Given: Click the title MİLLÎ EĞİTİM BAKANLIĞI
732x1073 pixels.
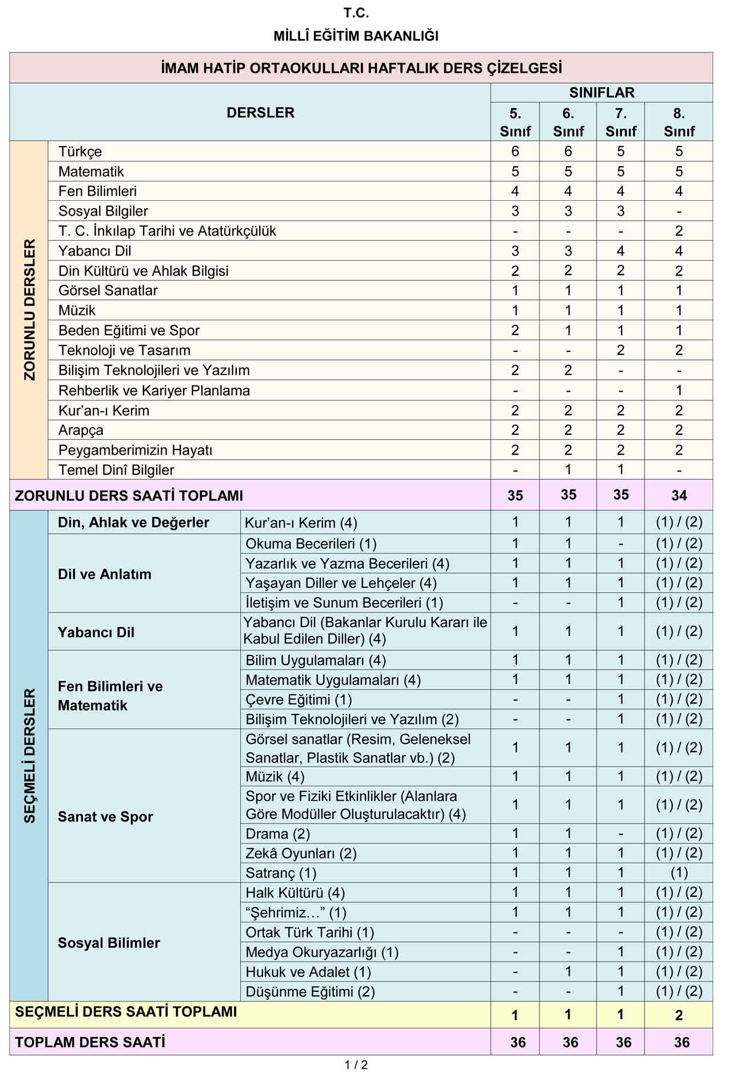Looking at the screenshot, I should coord(356,36).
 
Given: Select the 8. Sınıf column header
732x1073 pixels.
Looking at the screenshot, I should coord(679,122).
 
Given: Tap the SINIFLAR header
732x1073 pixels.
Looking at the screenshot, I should coord(602,93).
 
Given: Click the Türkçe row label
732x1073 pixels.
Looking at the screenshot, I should coord(80,152).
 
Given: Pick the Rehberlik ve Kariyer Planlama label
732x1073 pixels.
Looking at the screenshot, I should coord(154,391).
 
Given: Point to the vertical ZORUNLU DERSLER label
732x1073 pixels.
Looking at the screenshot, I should coord(29,309).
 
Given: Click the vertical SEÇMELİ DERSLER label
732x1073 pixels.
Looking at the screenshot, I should coord(29,755).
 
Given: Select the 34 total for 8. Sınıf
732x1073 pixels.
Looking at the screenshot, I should coord(679,495).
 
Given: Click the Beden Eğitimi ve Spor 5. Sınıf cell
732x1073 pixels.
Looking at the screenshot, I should coord(515,331).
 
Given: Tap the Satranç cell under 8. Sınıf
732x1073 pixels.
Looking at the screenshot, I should coord(679,873).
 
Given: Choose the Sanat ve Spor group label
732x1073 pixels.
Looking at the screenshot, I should coord(105,817).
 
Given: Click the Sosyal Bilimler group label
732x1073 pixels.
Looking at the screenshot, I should coord(109,943).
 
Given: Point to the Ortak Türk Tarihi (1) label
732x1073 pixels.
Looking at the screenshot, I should coord(309,932).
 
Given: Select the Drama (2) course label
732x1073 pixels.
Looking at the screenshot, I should coord(277,833).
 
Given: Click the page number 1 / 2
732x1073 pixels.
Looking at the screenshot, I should coord(356,1065).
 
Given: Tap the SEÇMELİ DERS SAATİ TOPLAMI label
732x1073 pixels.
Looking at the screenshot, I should coord(126,1012).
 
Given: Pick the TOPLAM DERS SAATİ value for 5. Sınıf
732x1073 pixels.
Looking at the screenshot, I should coord(518,1042).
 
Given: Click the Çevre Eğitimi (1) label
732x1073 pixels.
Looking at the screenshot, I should coord(299,700).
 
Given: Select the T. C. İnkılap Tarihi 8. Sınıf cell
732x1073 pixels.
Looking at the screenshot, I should coord(679,231).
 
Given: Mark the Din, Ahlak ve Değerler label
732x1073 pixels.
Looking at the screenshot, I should coord(133,523).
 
